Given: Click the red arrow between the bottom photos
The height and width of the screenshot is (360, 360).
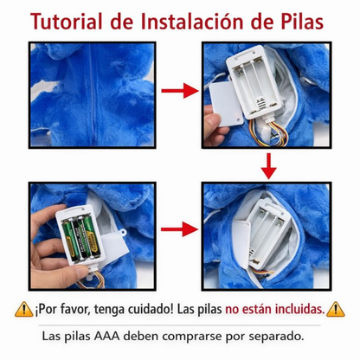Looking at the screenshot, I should click(179, 230).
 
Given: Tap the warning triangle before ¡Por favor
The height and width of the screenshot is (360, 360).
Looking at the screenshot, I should click(23, 309).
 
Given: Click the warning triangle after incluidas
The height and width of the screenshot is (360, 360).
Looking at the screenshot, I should click(337, 309).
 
